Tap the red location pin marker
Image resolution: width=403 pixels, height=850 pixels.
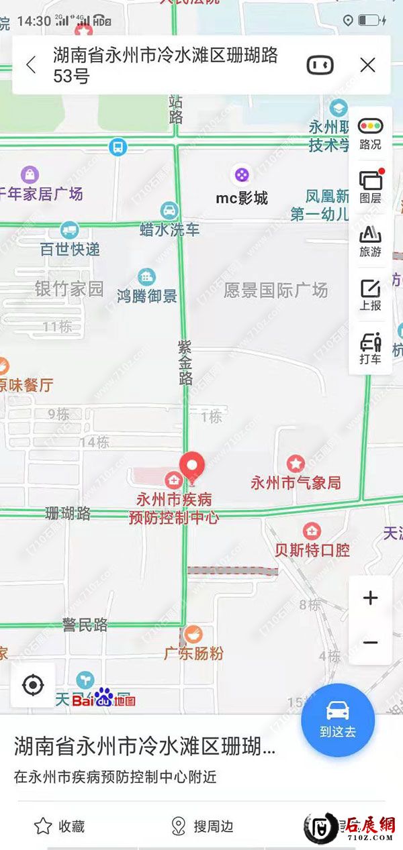click(x=193, y=464)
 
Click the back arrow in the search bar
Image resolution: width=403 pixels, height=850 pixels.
click(x=31, y=65)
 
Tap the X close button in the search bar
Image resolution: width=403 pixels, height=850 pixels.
click(x=367, y=65)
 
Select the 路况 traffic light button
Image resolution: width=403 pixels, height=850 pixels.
click(x=370, y=133)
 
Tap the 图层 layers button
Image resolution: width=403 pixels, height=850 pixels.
click(x=370, y=187)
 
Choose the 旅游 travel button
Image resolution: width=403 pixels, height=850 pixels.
click(x=370, y=240)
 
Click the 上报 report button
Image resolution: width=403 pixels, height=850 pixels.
click(x=370, y=294)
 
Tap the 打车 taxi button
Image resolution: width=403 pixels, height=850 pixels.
click(x=370, y=348)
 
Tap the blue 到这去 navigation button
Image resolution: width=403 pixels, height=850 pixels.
click(x=338, y=720)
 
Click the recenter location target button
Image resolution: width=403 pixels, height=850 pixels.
click(x=33, y=685)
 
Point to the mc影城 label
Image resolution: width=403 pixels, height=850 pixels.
click(x=242, y=198)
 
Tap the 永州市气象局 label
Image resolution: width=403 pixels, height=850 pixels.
click(x=296, y=482)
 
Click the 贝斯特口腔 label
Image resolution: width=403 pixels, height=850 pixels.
click(x=312, y=550)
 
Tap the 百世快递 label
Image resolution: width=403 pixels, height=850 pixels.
click(x=70, y=250)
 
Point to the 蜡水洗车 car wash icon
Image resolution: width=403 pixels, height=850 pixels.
click(x=169, y=210)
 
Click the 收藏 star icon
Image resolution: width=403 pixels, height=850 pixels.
click(x=43, y=826)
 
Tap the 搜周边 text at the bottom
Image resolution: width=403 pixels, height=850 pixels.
click(x=213, y=827)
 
